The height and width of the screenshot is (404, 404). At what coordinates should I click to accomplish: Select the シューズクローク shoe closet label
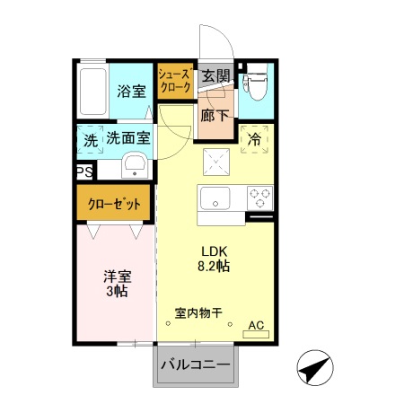click(x=173, y=82)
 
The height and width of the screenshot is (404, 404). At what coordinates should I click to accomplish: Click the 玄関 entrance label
click(x=215, y=76)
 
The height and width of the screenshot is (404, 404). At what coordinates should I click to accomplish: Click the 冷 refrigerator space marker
click(x=255, y=139)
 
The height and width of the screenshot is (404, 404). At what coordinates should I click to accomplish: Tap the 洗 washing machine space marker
click(x=90, y=140)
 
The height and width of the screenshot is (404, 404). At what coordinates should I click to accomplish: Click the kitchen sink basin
click(x=215, y=198)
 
